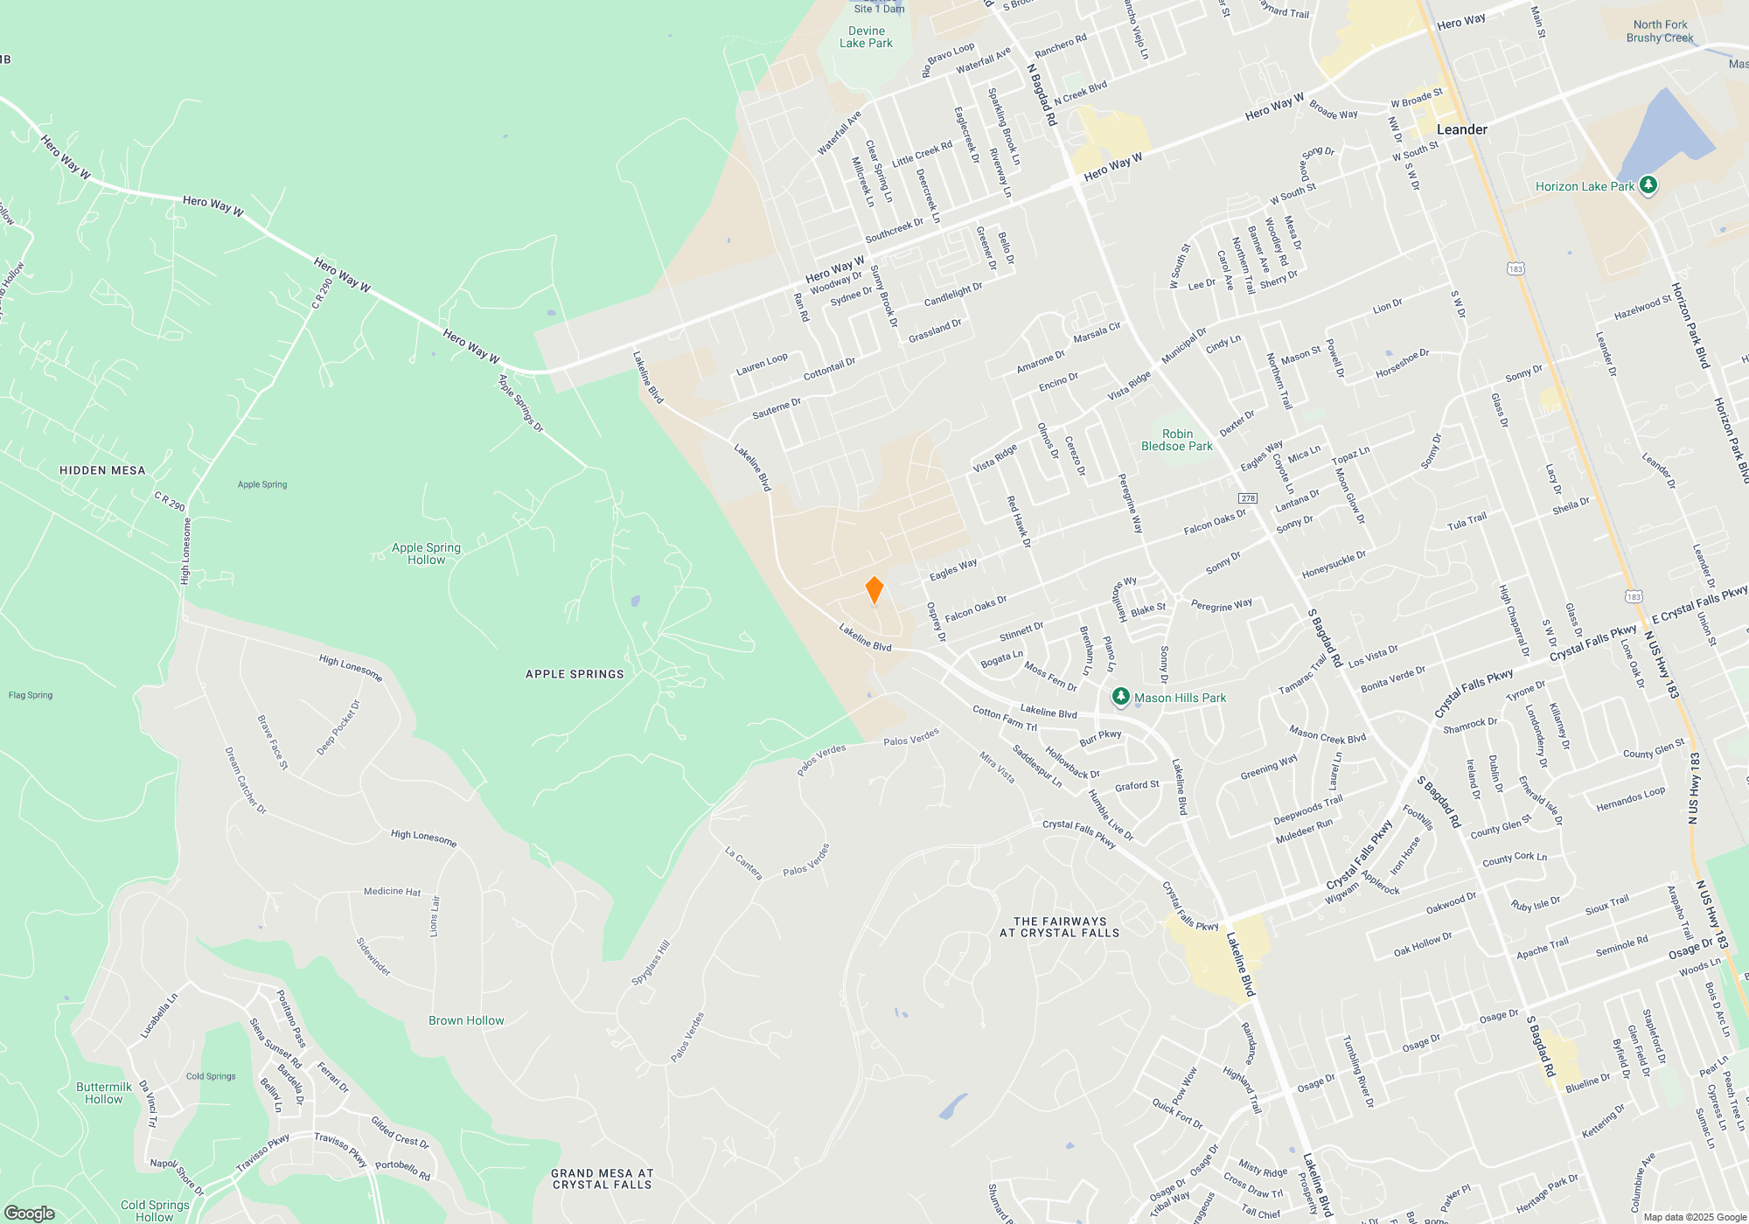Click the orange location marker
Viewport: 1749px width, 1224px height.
(874, 589)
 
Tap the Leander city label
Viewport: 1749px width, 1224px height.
(1461, 129)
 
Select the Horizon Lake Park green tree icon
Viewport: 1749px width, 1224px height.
(1648, 185)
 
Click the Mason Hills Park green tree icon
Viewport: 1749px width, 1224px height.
(1120, 697)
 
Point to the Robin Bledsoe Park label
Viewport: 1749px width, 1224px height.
(1177, 440)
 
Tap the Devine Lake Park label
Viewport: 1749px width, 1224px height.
(866, 37)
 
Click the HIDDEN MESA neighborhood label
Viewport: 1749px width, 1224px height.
(102, 470)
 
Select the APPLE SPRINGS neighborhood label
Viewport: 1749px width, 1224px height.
(575, 674)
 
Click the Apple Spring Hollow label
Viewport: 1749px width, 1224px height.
(426, 553)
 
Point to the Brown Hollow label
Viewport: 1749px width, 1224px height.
(466, 1020)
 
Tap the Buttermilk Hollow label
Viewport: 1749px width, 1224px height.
(104, 1093)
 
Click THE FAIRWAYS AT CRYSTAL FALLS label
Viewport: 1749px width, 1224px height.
(1059, 927)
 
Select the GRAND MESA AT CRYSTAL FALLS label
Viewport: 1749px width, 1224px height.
(603, 1179)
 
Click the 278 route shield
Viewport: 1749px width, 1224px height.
(1248, 498)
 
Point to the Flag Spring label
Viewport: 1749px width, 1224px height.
(31, 695)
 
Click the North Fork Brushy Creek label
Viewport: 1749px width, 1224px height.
(1660, 31)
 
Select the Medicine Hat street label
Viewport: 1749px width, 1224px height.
(392, 892)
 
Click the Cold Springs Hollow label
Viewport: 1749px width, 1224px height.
(155, 1210)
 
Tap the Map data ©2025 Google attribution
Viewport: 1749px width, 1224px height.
(1694, 1217)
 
